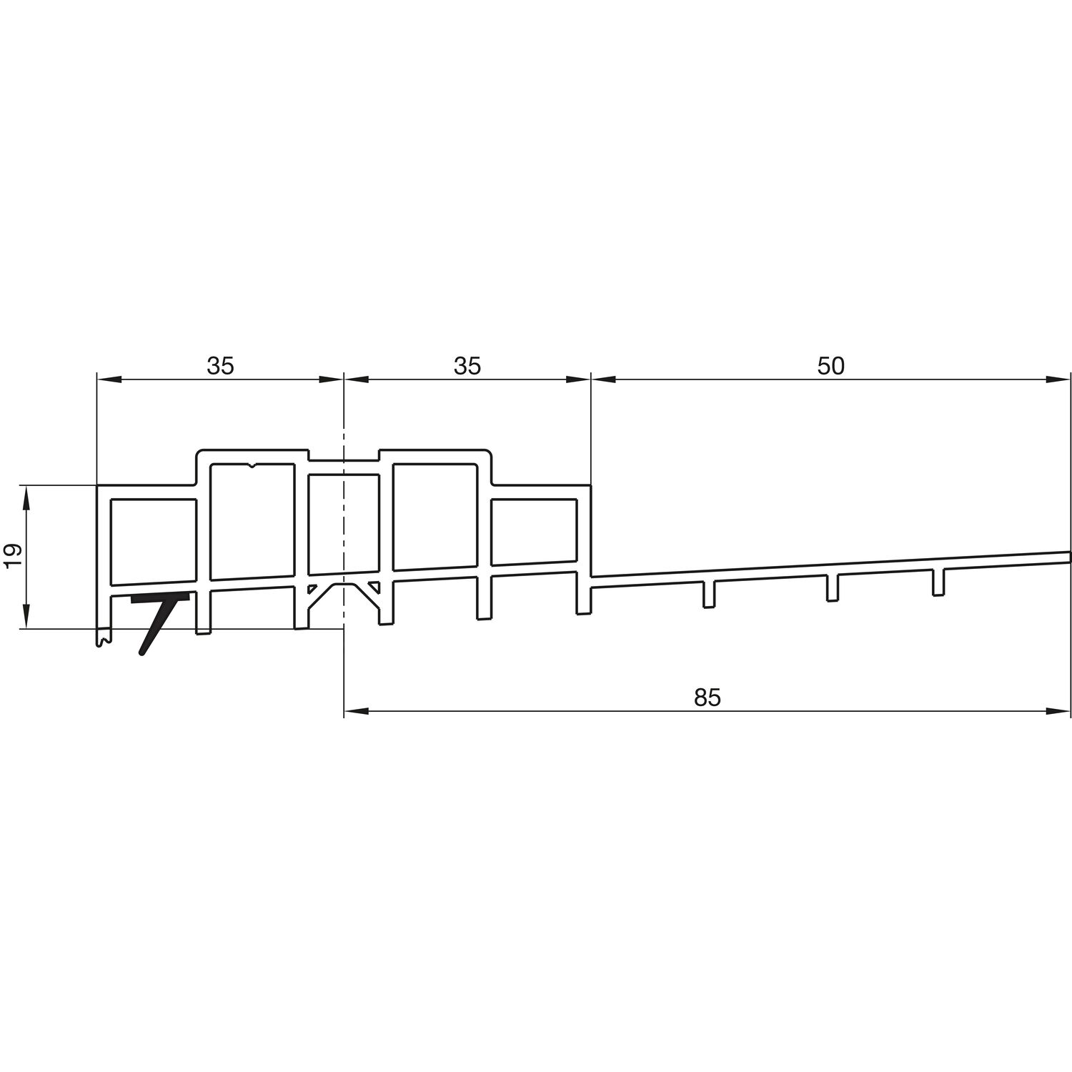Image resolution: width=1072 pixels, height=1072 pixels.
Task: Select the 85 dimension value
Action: tap(708, 698)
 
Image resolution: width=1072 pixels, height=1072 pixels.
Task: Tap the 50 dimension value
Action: tap(830, 366)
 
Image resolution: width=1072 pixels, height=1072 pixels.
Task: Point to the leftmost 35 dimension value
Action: tap(220, 366)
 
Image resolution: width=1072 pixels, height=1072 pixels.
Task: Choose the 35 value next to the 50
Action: tap(467, 366)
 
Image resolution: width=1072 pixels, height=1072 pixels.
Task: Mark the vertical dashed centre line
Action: tap(344, 536)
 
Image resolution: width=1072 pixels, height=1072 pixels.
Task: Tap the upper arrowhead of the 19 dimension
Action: tap(26, 498)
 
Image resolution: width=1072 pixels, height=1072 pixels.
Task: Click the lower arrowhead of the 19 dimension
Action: tap(26, 617)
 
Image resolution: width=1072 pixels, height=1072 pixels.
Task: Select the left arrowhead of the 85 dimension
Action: tap(356, 711)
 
